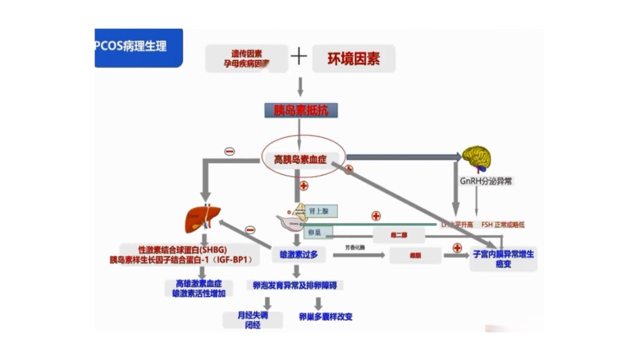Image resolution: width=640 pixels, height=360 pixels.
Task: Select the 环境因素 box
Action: click(x=353, y=58)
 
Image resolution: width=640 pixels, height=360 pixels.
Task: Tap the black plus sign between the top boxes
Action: click(x=298, y=56)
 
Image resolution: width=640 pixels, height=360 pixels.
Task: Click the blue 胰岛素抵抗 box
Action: click(x=300, y=110)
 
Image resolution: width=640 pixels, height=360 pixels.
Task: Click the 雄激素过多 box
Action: click(x=298, y=254)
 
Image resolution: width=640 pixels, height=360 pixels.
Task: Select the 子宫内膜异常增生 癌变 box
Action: click(x=503, y=258)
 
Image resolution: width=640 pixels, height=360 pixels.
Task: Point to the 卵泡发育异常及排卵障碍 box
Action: click(x=295, y=285)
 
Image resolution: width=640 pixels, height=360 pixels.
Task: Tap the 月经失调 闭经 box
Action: click(x=253, y=320)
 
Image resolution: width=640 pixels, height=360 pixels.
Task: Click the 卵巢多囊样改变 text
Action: click(x=325, y=316)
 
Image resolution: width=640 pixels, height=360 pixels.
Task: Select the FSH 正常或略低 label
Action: click(x=503, y=225)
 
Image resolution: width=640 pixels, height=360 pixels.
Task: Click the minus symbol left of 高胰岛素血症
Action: click(x=229, y=151)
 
